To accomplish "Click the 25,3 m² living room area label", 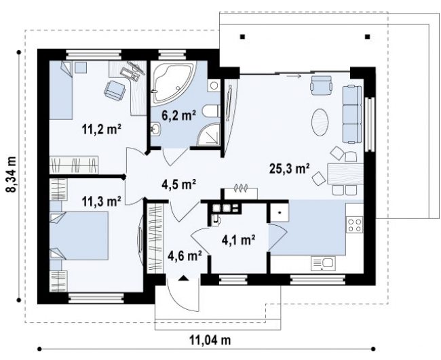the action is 290,168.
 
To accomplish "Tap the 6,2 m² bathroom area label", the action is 178,115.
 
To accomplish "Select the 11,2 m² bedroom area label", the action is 102,129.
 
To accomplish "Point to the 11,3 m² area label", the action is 102,201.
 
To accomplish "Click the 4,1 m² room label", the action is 239,240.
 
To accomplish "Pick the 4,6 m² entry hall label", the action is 185,256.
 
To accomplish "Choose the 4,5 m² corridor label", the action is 179,184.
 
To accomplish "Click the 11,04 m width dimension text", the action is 210,340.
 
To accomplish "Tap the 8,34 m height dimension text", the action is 12,174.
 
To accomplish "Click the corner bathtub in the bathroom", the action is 172,83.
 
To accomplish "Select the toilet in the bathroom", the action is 211,111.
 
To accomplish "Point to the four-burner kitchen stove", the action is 354,225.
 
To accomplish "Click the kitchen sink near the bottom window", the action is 323,263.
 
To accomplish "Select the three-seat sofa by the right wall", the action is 351,114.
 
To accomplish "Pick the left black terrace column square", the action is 243,37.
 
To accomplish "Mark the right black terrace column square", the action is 367,37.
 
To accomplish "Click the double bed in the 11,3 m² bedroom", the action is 79,235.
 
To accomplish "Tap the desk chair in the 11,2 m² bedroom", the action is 115,90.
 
